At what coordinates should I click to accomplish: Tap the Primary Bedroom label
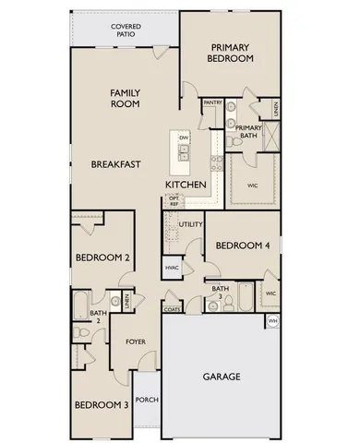coord(232,53)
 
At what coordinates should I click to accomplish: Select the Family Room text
coord(125,99)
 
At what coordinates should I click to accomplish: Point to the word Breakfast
coord(115,164)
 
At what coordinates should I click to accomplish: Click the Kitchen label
coord(186,186)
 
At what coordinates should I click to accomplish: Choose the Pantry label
coord(213,102)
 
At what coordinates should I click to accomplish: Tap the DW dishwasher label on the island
coord(184,138)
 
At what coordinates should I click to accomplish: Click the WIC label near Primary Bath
coord(252,185)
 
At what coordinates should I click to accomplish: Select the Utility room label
coord(191,224)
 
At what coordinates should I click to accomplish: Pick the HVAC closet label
coord(172,268)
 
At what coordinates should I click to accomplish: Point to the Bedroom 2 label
coord(101,258)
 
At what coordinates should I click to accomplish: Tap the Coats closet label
coord(173,309)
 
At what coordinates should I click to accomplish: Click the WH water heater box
coord(272,320)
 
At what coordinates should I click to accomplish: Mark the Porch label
coord(146,400)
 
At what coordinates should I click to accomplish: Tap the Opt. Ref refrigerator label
coord(173,201)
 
